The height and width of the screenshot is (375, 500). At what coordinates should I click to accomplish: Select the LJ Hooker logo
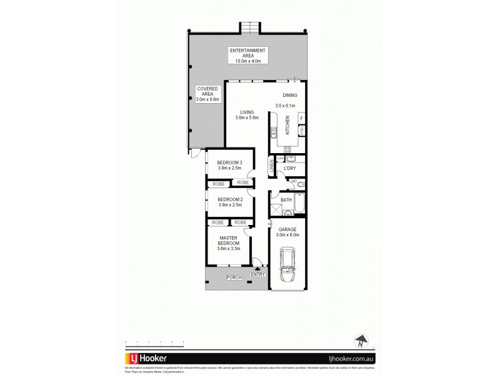tap(149, 359)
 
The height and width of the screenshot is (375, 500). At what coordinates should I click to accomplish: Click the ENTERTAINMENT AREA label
tap(247, 55)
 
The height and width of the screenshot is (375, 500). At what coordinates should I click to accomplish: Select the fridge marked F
tap(301, 118)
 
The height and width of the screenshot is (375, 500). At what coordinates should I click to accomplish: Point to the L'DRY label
tap(289, 169)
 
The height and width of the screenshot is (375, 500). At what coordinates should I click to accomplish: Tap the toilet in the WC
tap(301, 184)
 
